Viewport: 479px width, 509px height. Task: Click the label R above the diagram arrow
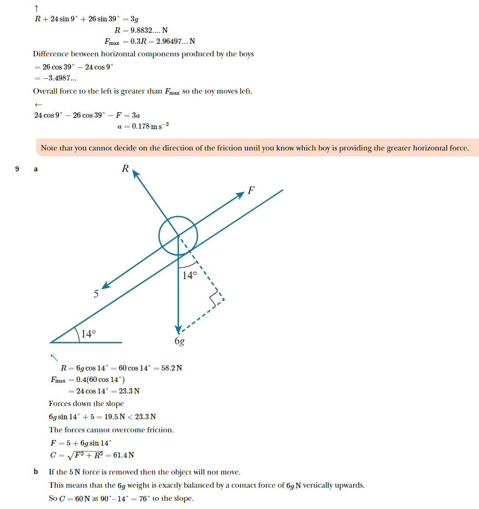coord(125,169)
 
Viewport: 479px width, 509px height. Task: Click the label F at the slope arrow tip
coord(251,191)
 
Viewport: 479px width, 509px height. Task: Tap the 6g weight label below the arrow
coord(180,342)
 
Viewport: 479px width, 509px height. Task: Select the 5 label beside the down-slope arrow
coord(96,294)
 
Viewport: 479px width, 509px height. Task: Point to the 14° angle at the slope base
coord(88,334)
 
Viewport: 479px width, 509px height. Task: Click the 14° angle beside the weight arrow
coord(189,275)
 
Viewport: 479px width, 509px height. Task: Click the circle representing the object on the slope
coord(178,236)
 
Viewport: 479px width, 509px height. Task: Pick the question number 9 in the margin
coord(17,169)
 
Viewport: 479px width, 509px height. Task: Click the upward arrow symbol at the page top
coord(36,8)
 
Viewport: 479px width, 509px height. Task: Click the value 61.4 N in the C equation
coord(124,455)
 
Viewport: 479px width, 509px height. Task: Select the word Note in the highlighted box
coord(50,148)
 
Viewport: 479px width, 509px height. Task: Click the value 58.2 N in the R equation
coord(170,368)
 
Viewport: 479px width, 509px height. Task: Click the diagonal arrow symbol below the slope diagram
coord(54,357)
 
